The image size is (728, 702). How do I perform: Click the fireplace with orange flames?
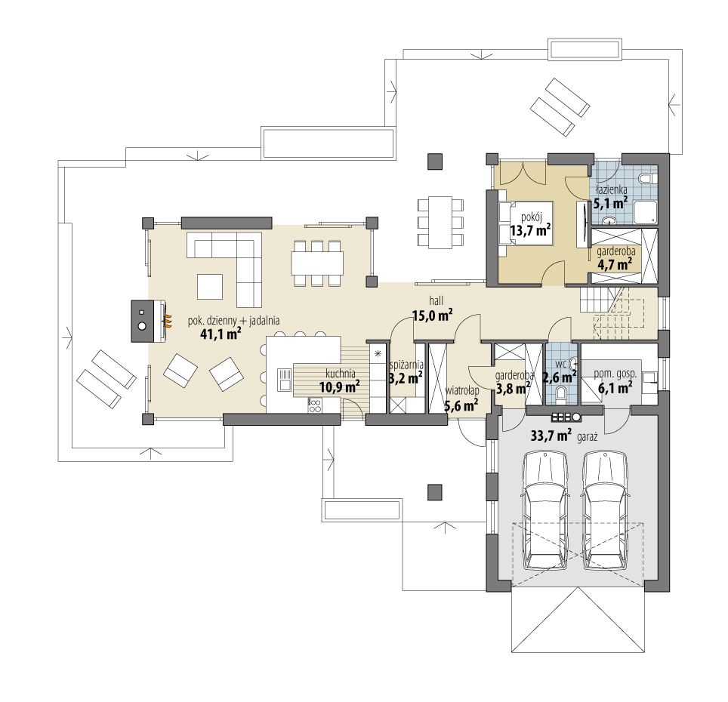[149, 321]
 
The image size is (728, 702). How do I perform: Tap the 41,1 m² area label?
[221, 333]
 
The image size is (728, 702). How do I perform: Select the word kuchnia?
[341, 373]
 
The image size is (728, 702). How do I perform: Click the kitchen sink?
[284, 379]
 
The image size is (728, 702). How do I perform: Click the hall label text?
[436, 302]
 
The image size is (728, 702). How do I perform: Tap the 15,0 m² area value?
[433, 316]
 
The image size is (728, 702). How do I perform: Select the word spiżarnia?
[406, 365]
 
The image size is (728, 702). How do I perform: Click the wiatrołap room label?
[462, 391]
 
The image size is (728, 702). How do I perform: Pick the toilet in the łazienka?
[647, 179]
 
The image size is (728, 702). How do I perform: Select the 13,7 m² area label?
[530, 229]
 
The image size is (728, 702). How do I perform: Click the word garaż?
[587, 437]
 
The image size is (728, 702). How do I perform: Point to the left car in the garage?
[545, 511]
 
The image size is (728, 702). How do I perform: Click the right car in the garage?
[606, 511]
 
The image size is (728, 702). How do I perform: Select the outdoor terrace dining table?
[440, 222]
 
